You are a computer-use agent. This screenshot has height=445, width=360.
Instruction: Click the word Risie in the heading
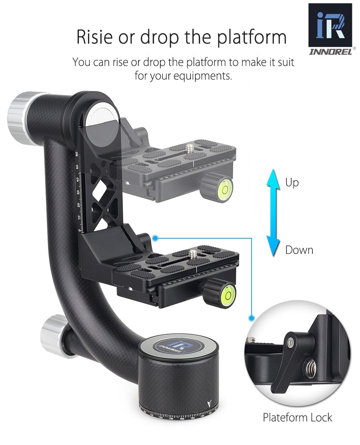[96, 37]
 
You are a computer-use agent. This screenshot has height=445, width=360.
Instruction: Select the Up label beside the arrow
[292, 183]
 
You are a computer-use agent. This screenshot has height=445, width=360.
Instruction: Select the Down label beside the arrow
[299, 250]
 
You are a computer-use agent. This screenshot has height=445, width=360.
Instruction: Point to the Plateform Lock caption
[297, 418]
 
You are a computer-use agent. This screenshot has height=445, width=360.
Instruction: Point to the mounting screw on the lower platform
[194, 253]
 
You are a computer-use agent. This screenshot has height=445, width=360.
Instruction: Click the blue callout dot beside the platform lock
[156, 239]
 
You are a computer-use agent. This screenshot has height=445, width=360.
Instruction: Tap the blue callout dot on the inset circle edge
[251, 318]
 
